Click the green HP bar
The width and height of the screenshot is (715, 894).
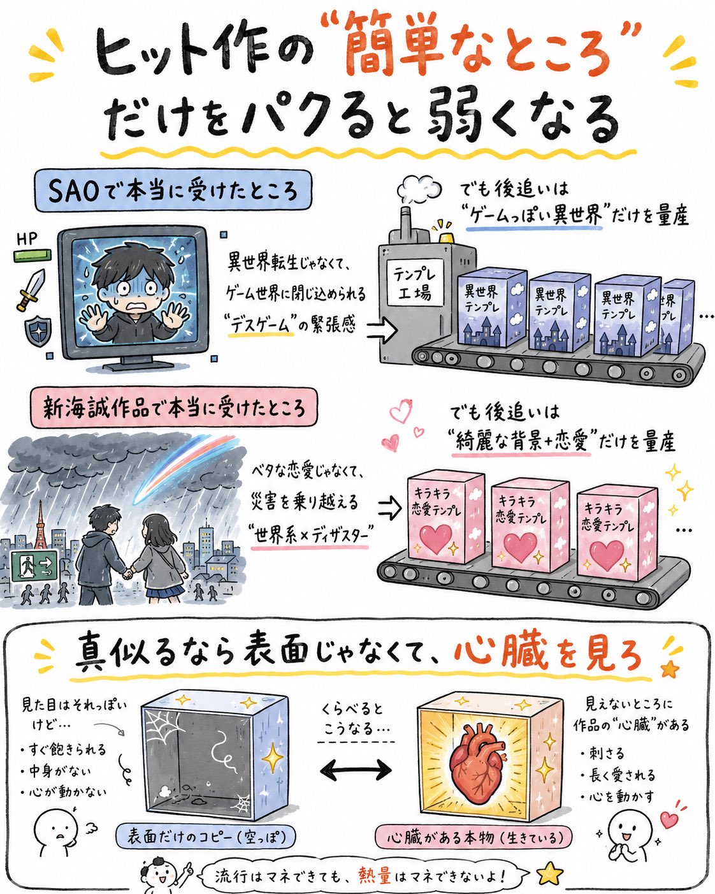pyautogui.click(x=32, y=255)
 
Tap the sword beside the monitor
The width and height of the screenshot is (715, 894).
pyautogui.click(x=31, y=289)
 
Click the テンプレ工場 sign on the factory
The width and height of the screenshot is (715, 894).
pyautogui.click(x=412, y=283)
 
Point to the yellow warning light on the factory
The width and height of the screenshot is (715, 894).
pyautogui.click(x=447, y=237)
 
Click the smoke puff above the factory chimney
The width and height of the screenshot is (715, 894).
pyautogui.click(x=419, y=189)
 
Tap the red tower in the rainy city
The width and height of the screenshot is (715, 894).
pyautogui.click(x=41, y=525)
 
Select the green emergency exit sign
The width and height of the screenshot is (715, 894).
pyautogui.click(x=34, y=566)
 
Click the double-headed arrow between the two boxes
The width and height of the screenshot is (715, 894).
pyautogui.click(x=356, y=771)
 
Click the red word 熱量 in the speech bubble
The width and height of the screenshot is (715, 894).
pyautogui.click(x=375, y=876)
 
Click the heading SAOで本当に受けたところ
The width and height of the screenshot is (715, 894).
pyautogui.click(x=173, y=191)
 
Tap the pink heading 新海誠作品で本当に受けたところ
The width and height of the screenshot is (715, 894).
pyautogui.click(x=174, y=407)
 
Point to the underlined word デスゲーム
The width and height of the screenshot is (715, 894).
pyautogui.click(x=261, y=325)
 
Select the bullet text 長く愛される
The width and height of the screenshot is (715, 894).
pyautogui.click(x=621, y=774)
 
